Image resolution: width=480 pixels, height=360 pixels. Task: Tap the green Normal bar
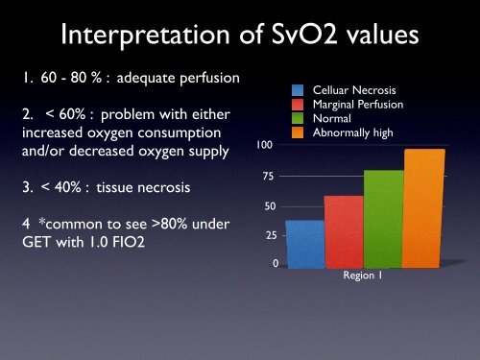[x=383, y=218]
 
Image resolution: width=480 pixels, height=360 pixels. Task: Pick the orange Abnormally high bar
[x=423, y=207]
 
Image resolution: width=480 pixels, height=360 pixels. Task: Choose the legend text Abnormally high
[x=356, y=132]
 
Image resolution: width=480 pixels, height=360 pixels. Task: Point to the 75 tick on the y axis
[x=267, y=177]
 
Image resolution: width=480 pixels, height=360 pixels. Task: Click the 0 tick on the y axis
[x=276, y=263]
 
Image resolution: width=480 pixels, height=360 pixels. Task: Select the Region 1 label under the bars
[x=364, y=276]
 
